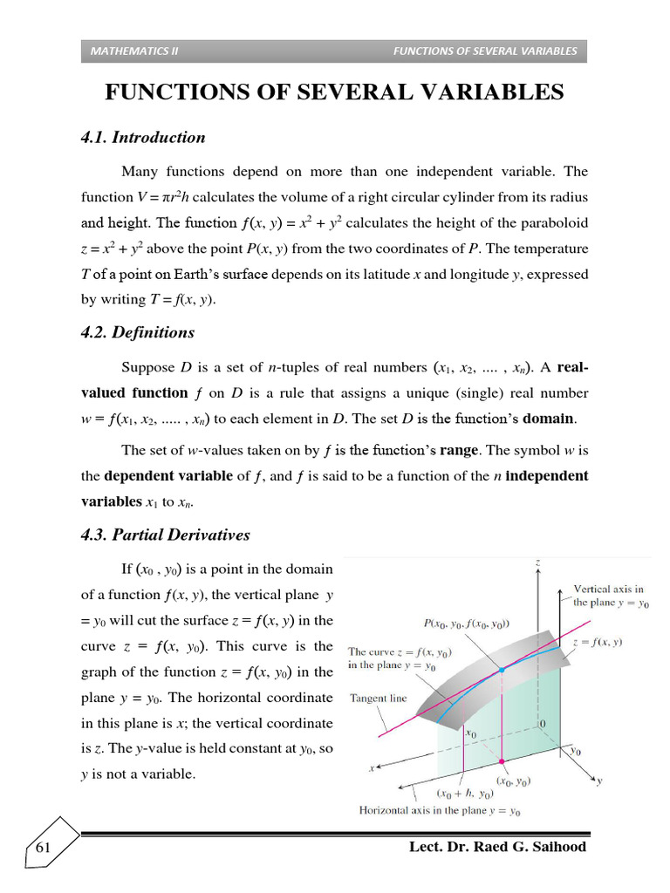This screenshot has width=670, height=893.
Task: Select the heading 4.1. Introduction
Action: [x=142, y=137]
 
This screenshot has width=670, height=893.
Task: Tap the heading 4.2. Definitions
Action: [x=137, y=332]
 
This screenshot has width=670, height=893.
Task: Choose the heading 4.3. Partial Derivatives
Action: [x=165, y=535]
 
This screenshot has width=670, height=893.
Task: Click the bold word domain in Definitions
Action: [x=548, y=418]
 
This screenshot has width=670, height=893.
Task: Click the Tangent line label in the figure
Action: [x=379, y=698]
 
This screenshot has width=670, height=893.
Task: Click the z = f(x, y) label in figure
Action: [x=598, y=642]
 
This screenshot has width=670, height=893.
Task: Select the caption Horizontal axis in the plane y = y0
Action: [x=440, y=810]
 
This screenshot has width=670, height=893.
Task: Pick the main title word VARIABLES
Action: [x=487, y=92]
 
